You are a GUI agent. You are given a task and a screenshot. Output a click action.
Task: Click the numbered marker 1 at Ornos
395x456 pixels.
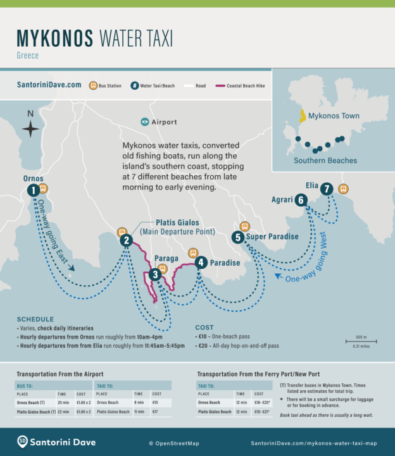(32, 190)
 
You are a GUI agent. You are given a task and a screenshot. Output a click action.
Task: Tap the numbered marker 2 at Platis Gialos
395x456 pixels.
(127, 240)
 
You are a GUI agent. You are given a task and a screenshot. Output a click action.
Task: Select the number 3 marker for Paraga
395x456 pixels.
(155, 274)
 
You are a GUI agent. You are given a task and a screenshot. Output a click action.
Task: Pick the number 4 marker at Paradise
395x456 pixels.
(201, 262)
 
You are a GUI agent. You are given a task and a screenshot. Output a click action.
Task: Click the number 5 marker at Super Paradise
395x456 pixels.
(237, 237)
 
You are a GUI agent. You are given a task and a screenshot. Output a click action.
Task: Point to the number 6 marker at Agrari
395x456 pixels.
(301, 200)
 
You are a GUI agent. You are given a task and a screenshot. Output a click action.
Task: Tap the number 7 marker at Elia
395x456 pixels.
(326, 188)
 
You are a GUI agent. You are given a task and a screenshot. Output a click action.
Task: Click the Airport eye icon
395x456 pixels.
(145, 121)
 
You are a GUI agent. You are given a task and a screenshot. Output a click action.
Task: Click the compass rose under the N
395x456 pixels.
(30, 129)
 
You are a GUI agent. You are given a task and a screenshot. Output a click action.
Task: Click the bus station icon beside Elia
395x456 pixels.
(343, 188)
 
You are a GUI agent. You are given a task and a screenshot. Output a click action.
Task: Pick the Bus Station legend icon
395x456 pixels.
(93, 85)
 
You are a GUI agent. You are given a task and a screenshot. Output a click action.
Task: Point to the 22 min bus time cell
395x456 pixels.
(63, 412)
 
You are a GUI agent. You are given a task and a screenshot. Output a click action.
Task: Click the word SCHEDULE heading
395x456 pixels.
(35, 319)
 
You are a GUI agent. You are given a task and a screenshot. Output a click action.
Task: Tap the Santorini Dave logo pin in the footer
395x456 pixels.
(22, 441)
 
